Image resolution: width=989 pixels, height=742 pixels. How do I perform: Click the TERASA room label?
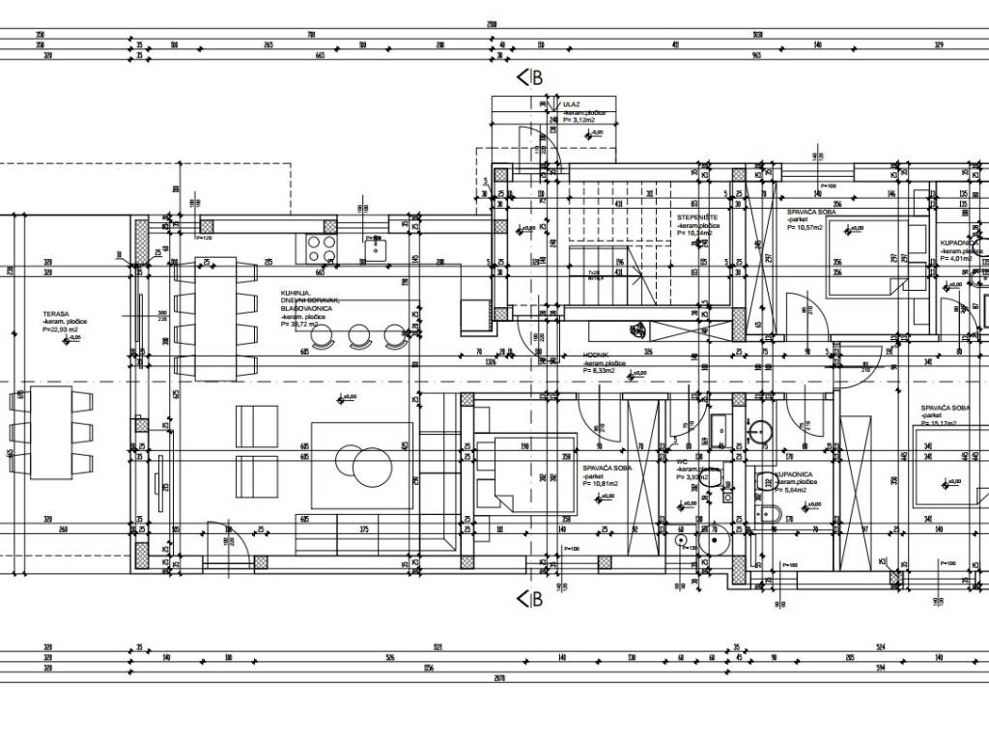[x=55, y=314]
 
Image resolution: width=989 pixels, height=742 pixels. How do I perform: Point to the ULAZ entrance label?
[x=571, y=104]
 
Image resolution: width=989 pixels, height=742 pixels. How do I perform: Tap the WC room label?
[x=682, y=461]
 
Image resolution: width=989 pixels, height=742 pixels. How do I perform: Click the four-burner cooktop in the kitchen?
[x=323, y=249]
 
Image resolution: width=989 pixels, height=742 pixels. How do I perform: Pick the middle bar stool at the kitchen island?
[x=359, y=335]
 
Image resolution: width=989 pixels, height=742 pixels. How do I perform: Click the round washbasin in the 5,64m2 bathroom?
[x=762, y=432]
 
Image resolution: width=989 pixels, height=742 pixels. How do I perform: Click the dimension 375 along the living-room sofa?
[x=364, y=528]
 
